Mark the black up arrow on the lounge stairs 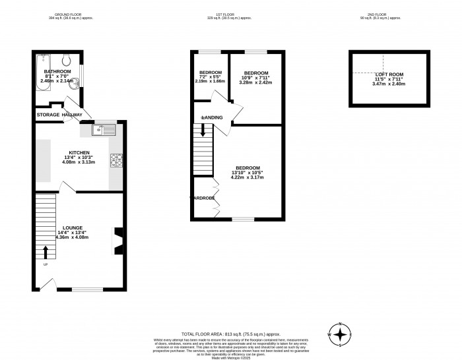46,252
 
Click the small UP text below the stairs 45,266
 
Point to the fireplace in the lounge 117,240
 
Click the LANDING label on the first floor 213,118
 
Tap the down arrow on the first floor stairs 203,131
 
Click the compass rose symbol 340,334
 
